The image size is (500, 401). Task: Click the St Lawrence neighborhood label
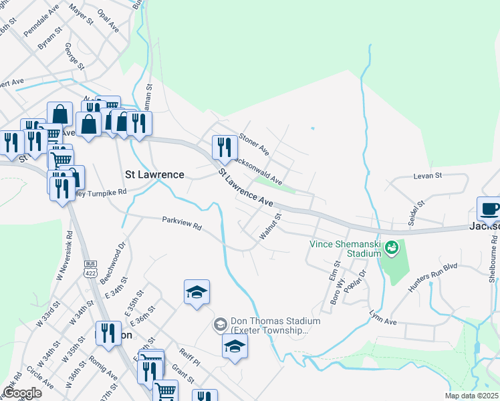pos(154,174)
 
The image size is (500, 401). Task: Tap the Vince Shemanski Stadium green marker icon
pos(392,249)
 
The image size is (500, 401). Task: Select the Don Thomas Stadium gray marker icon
pos(220,325)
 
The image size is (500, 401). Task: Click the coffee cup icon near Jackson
pos(489,207)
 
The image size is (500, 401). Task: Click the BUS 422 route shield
pos(90,269)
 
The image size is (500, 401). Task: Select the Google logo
pos(22,392)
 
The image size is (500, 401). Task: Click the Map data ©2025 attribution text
pos(471,396)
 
